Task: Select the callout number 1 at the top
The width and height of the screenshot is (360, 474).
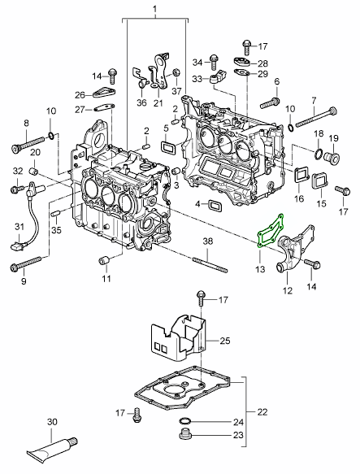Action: pyautogui.click(x=154, y=10)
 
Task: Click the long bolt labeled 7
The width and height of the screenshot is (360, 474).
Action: pyautogui.click(x=316, y=117)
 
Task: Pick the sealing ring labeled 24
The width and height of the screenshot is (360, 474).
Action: pyautogui.click(x=184, y=421)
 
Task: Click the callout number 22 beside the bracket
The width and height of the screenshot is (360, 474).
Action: pyautogui.click(x=262, y=412)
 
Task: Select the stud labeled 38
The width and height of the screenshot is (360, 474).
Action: pyautogui.click(x=210, y=264)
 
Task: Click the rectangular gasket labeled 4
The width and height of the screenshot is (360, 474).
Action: pyautogui.click(x=215, y=206)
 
